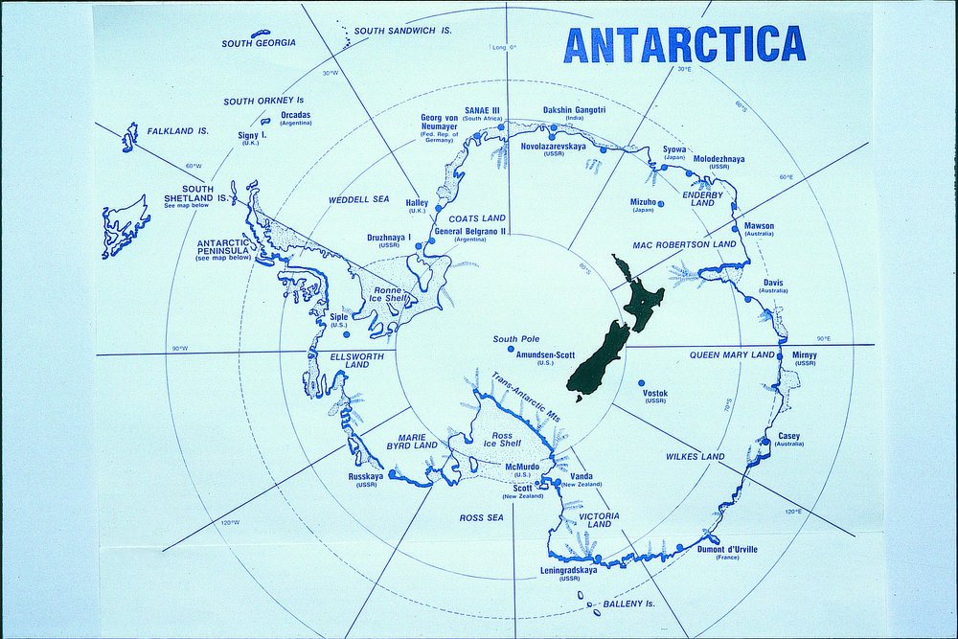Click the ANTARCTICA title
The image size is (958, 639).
point(684,44)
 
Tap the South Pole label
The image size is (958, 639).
point(518,339)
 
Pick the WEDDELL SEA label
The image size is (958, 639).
point(359,199)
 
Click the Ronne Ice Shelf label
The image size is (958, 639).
point(388,293)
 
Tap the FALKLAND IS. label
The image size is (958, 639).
point(177,130)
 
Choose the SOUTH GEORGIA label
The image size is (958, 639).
point(259,43)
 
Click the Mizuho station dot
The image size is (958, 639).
point(661,202)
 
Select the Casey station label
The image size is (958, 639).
point(788,436)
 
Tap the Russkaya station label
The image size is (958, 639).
point(366,476)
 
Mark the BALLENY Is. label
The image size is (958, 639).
point(628,604)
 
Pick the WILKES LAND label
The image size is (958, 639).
point(695,457)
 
